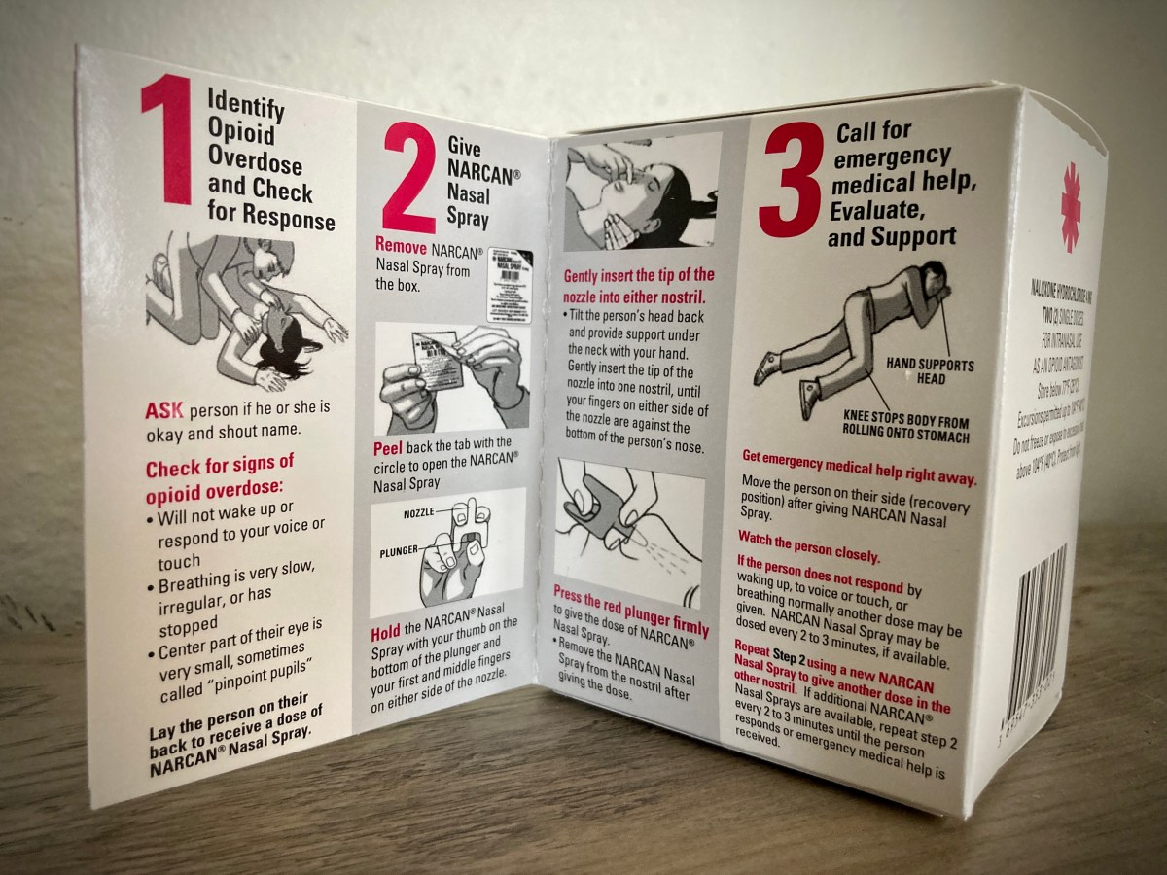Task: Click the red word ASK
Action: [162, 409]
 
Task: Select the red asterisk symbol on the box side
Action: [1070, 207]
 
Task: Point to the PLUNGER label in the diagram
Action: [400, 550]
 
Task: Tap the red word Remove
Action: [401, 246]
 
